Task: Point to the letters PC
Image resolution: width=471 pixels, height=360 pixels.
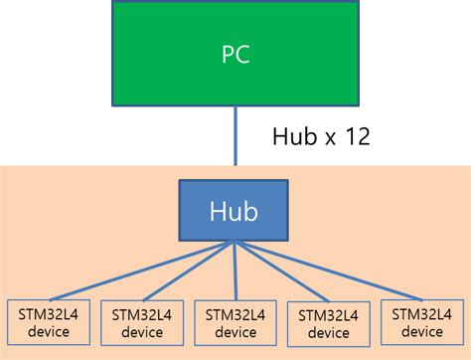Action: click(235, 55)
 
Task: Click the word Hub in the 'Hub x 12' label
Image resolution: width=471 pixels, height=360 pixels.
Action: click(295, 136)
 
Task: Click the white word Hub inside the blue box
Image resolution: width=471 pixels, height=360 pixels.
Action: click(235, 211)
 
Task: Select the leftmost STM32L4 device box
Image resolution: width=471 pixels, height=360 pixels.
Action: click(47, 323)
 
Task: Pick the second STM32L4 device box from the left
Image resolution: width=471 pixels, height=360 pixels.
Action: click(142, 323)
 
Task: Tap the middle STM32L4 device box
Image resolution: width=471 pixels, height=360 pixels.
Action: click(235, 323)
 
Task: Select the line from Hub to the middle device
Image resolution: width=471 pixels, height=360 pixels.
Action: click(235, 270)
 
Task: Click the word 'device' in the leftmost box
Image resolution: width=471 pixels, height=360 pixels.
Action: click(47, 332)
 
